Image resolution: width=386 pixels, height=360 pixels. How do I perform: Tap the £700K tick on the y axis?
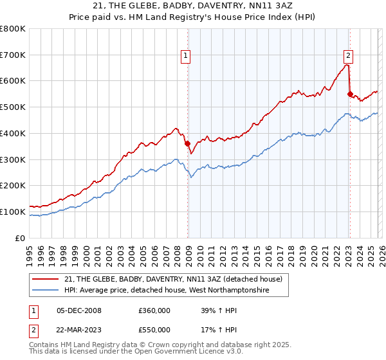click(x=13, y=55)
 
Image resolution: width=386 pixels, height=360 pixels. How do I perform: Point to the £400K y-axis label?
click(x=13, y=133)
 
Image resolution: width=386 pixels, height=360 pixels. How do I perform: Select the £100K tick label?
click(x=13, y=212)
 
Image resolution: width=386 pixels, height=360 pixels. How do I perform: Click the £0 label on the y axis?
click(x=19, y=238)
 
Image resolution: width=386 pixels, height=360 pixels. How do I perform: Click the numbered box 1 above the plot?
click(x=185, y=56)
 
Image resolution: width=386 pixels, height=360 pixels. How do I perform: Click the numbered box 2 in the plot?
click(x=347, y=55)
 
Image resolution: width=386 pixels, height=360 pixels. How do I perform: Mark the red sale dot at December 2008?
click(x=187, y=144)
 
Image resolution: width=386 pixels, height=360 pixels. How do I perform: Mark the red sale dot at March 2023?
click(x=350, y=94)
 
